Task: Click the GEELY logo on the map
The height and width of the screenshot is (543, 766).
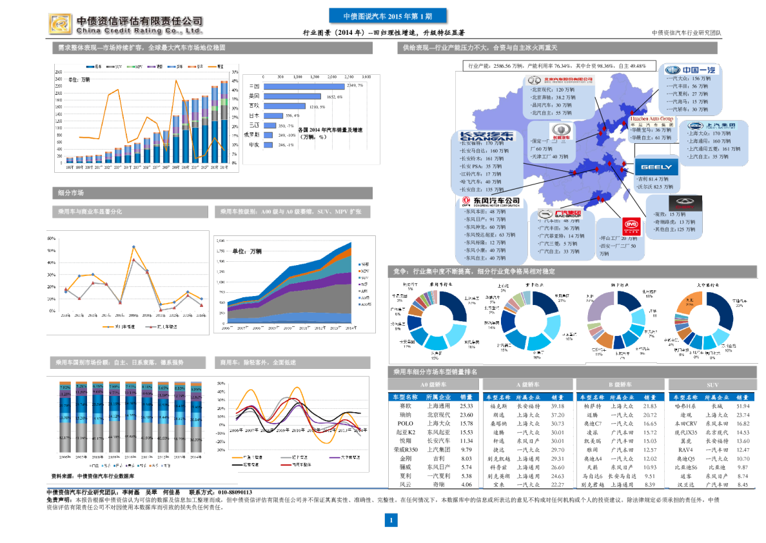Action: pos(656,167)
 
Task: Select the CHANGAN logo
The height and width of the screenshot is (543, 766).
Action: pos(486,137)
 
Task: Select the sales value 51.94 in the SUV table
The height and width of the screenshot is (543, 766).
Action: pos(743,406)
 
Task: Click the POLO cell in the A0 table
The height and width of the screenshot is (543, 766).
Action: pos(405,424)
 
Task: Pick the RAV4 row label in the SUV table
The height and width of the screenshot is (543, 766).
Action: pos(685,449)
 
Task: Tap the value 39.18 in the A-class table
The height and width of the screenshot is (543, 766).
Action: pos(558,406)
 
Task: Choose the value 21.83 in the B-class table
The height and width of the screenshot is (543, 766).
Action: pos(650,406)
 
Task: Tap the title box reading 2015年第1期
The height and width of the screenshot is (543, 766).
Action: pos(387,16)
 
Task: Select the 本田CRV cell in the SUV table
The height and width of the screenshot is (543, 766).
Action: pos(685,424)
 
